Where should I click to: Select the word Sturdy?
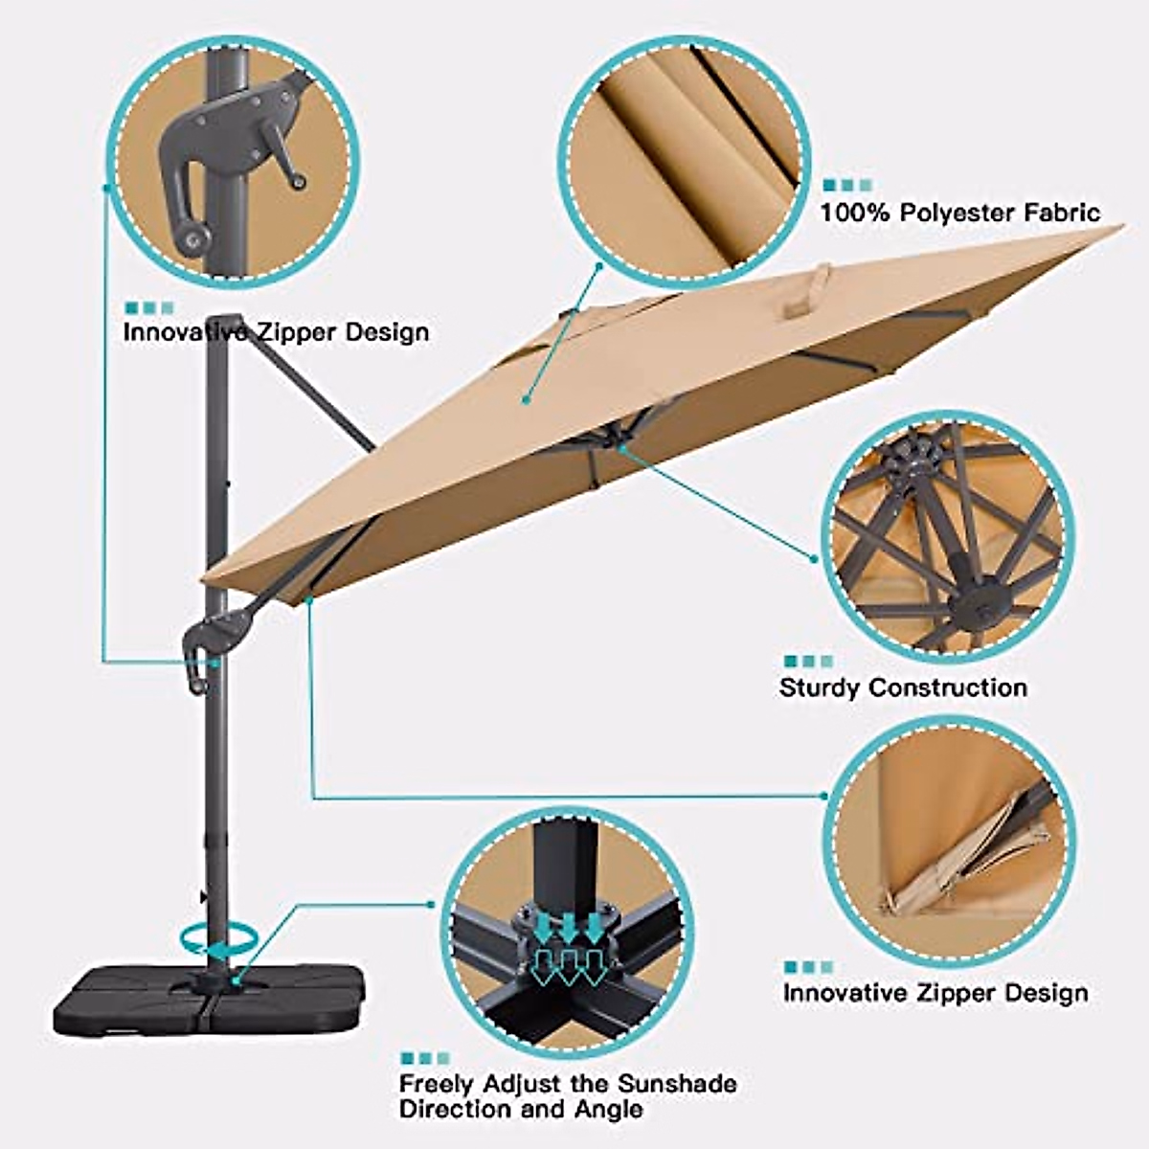point(820,687)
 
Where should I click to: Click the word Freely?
point(437,1084)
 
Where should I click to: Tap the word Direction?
point(455,1110)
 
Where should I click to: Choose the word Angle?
point(610,1110)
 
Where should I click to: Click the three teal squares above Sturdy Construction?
point(808,661)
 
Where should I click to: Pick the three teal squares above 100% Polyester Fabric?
point(847,185)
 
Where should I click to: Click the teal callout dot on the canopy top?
point(526,399)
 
